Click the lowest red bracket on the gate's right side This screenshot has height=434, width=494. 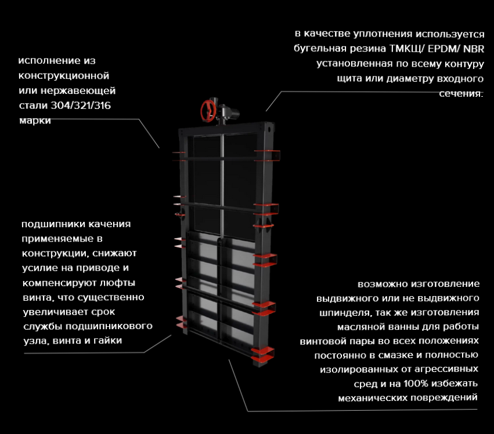pos(263,353)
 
